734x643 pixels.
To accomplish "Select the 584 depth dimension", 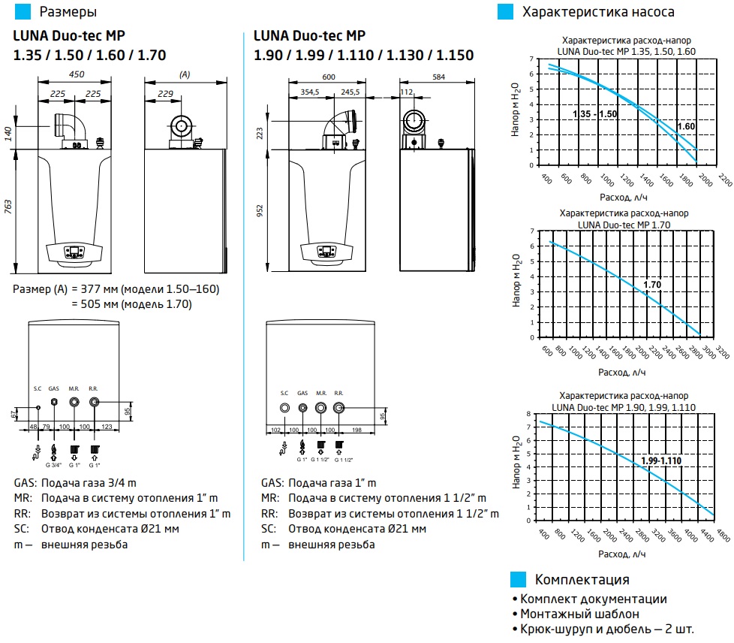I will pyautogui.click(x=439, y=77).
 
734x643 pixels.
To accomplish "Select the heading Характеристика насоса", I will pyautogui.click(x=597, y=12).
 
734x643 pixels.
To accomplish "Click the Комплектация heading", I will pyautogui.click(x=582, y=580).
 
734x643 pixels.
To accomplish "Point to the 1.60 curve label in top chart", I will pyautogui.click(x=686, y=126).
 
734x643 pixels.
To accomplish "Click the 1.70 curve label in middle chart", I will pyautogui.click(x=652, y=285).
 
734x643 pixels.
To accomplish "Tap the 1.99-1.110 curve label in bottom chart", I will pyautogui.click(x=660, y=460).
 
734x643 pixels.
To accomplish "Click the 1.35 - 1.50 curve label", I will pyautogui.click(x=594, y=113).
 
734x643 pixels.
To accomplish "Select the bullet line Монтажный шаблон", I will pyautogui.click(x=570, y=614).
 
